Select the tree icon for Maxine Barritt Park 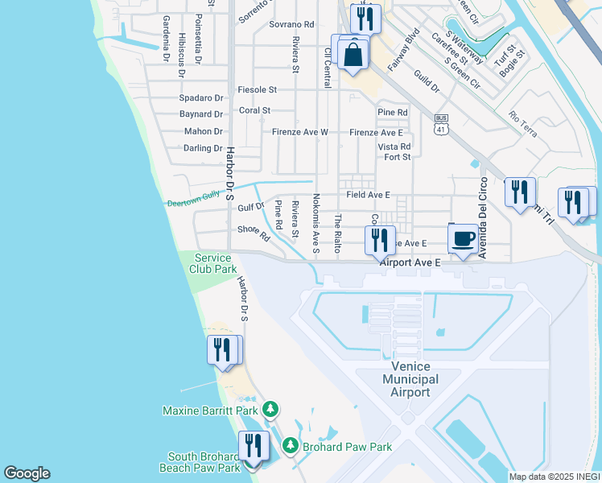click(x=271, y=410)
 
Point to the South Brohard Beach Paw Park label click(x=204, y=462)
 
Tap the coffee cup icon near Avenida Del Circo click(x=464, y=238)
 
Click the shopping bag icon click(x=353, y=55)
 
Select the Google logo click(x=27, y=473)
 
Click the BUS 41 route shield click(x=440, y=124)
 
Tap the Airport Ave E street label click(x=410, y=262)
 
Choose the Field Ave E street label click(x=368, y=195)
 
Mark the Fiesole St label click(x=257, y=89)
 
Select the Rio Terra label click(x=523, y=125)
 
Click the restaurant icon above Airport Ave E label click(x=377, y=239)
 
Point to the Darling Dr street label click(x=202, y=148)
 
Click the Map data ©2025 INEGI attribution click(x=555, y=477)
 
